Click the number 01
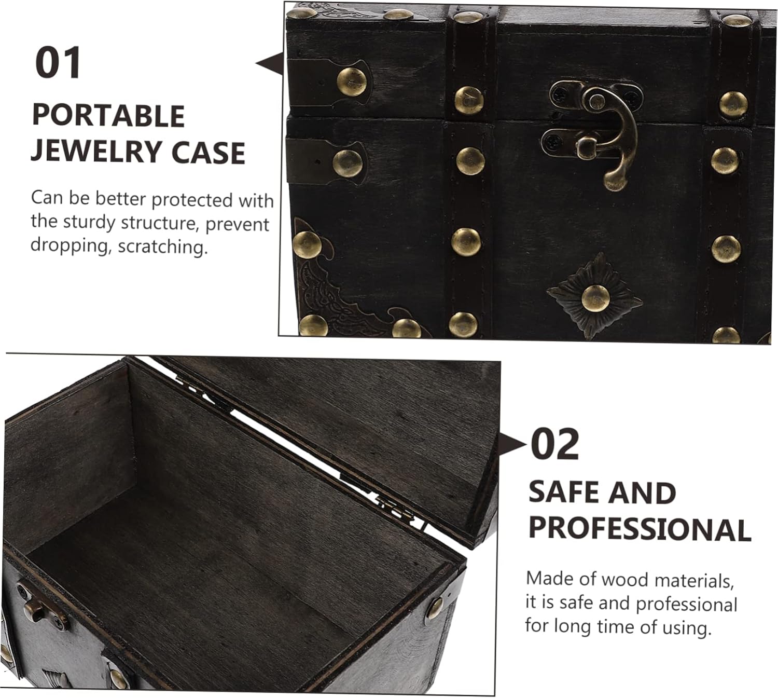tap(58, 62)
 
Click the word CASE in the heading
tap(208, 153)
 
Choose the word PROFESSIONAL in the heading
tap(640, 529)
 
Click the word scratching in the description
tap(163, 247)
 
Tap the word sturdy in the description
tap(89, 223)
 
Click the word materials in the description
tap(694, 580)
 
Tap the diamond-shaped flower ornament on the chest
tap(594, 295)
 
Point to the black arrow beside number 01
tap(270, 64)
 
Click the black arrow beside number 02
tap(512, 445)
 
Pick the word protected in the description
tap(191, 201)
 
